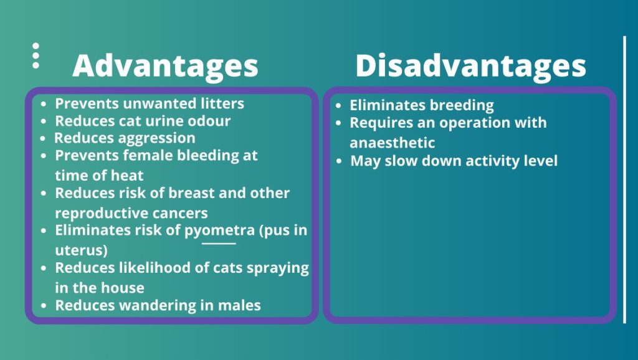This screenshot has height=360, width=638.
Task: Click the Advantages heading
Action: [x=165, y=66]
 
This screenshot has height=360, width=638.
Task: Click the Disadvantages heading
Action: [x=471, y=66]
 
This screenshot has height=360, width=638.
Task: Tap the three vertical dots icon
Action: [x=36, y=55]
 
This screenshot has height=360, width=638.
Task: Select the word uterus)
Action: [x=81, y=250]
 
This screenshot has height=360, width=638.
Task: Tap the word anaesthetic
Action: [x=393, y=143]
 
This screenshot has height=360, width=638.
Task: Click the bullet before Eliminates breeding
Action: [x=338, y=106]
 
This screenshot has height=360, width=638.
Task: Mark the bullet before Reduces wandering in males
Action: [x=44, y=305]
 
